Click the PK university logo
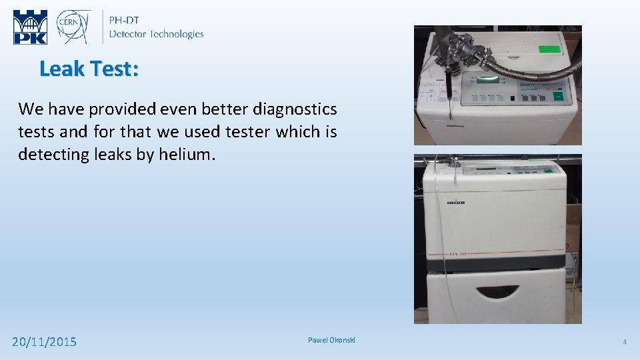coord(31,27)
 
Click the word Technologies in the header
coord(177,34)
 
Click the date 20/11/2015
coord(45,342)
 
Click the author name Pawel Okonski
coord(331,341)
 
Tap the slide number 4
coord(625,342)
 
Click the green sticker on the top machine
coord(550,49)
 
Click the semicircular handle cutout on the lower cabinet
coord(499,291)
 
